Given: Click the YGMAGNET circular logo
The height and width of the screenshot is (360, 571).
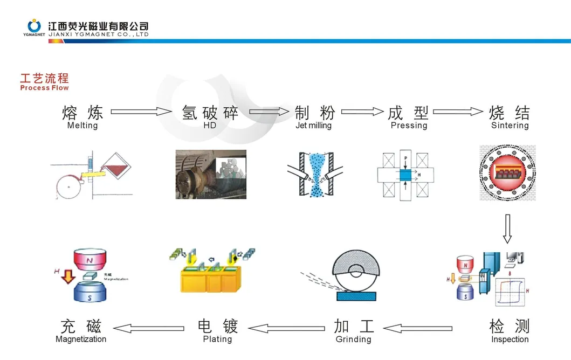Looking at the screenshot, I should (35, 25).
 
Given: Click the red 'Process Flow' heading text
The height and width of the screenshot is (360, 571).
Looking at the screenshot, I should (44, 88).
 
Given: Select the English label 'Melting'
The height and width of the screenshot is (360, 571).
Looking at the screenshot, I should (82, 126).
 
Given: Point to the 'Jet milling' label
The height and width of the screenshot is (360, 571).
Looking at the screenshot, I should (313, 126).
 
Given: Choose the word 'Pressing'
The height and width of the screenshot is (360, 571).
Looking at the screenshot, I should (409, 126).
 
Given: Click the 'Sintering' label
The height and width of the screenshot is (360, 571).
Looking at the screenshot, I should (510, 126).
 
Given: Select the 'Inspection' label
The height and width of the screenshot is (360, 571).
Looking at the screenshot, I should (510, 340).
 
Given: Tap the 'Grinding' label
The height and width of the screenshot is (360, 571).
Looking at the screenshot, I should (353, 340).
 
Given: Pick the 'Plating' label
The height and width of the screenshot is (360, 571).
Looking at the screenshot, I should (217, 340).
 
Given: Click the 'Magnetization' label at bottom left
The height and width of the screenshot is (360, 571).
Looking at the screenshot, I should (81, 340).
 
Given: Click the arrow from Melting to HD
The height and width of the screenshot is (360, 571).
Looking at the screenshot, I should (141, 112).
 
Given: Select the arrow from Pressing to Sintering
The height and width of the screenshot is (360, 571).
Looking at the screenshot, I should (458, 112).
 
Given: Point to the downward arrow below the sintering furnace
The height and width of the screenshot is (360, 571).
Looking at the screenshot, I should (507, 229).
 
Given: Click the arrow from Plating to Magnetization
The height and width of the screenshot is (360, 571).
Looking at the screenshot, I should (149, 328).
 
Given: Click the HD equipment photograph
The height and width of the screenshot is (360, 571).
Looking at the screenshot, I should (211, 174).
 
